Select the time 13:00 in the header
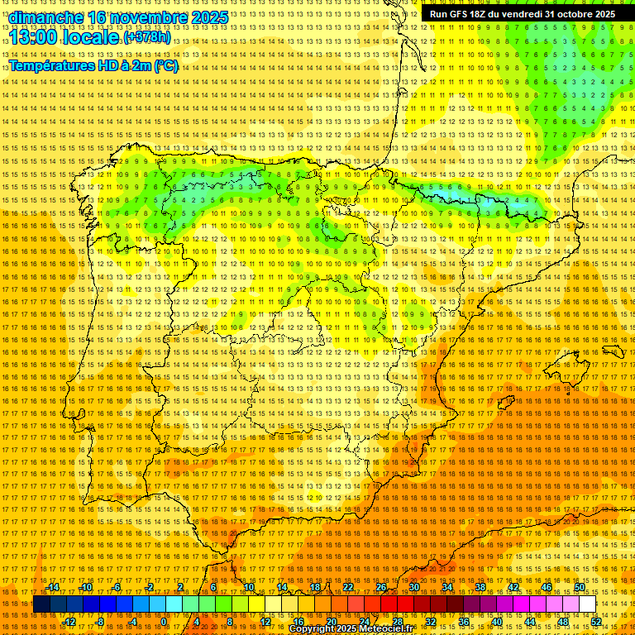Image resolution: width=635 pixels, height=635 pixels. coord(34,37)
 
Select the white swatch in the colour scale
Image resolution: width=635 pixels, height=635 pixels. coord(588,604)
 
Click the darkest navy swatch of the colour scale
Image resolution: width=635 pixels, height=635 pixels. coord(41,604)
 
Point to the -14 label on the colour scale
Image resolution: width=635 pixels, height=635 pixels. coord(53,587)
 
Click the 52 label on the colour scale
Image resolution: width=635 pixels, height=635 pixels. coord(596,621)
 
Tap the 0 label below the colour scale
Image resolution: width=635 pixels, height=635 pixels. coord(165,621)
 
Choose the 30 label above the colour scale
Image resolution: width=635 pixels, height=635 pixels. coord(413,587)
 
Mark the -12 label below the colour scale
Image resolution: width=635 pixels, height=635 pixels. coord(69,621)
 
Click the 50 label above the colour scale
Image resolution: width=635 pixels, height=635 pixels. coord(580,587)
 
